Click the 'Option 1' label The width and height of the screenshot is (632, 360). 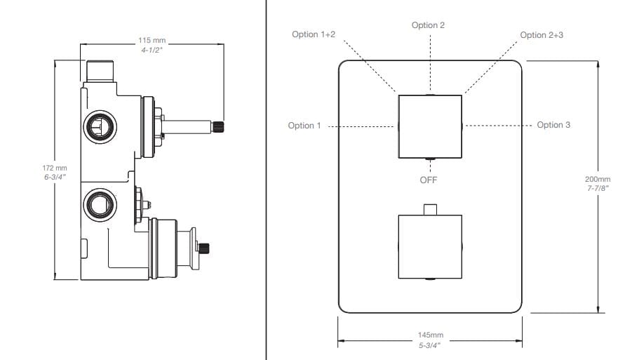(304, 126)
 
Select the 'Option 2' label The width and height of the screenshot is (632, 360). (428, 25)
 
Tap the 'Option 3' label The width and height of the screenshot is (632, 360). (553, 125)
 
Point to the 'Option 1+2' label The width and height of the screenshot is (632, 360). (314, 34)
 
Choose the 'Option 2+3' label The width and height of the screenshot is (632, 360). (542, 35)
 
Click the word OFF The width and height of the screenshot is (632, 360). (429, 180)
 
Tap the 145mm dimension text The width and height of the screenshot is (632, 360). (430, 335)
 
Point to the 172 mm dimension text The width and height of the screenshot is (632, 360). (55, 168)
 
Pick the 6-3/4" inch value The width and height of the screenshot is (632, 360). (55, 178)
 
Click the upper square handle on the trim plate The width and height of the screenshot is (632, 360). (429, 126)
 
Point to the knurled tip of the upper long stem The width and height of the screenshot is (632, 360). (218, 126)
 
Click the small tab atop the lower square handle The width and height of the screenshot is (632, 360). (430, 208)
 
